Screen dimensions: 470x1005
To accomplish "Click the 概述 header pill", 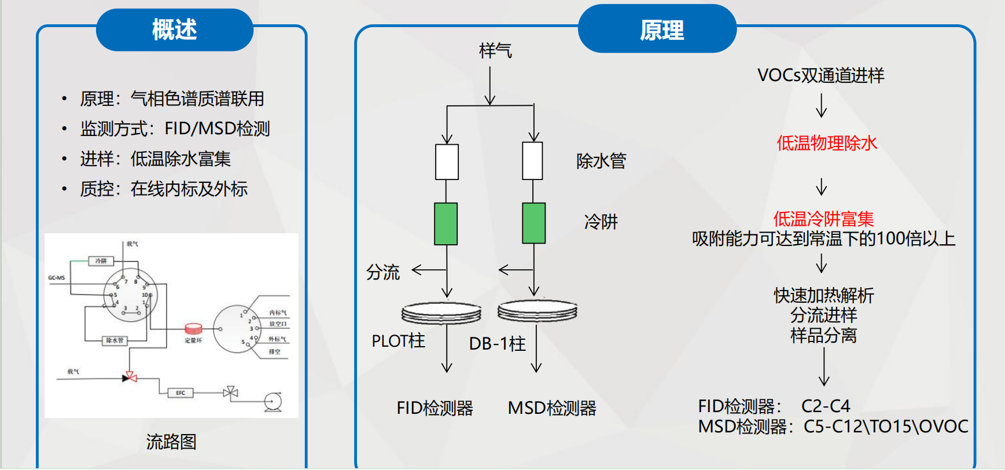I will point(174,30).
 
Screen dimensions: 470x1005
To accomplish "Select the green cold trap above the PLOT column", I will point(446,223).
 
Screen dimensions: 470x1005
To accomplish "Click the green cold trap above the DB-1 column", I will point(533,223).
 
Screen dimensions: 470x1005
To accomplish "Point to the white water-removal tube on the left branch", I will point(447,162).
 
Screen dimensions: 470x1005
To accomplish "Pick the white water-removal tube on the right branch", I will point(532,161).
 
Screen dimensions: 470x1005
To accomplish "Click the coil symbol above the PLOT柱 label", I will point(441,313).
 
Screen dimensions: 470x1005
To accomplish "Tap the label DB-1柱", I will point(497,344).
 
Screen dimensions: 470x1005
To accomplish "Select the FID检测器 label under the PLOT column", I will point(435,408).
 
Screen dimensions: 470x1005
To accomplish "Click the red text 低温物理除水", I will point(827,143).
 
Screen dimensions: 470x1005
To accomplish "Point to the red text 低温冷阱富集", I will point(823,219).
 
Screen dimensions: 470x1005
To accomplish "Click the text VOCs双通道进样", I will point(820,75).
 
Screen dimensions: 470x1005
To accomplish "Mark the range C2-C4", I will point(826,406).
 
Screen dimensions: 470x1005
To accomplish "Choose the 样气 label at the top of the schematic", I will point(495,51).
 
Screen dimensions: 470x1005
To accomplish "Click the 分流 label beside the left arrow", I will point(383,272).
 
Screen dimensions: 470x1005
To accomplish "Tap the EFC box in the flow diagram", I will point(181,393).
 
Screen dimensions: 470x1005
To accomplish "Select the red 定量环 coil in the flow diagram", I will point(193,329).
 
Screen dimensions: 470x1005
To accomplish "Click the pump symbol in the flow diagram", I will point(273,402).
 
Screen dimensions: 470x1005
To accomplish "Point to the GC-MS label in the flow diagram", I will point(56,278).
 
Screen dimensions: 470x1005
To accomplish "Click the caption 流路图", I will point(171,442).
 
